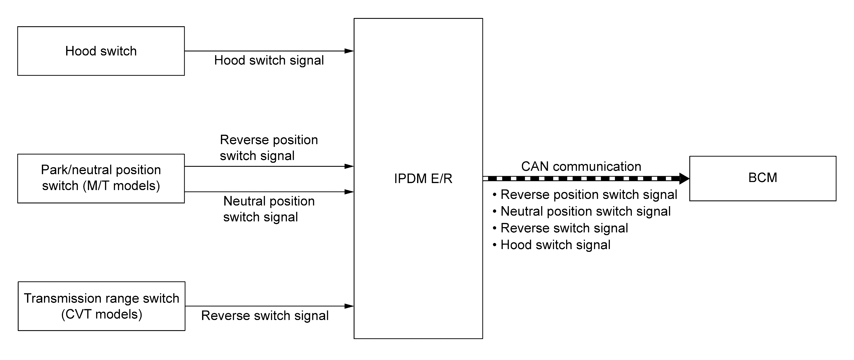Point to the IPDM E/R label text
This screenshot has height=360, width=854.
(423, 178)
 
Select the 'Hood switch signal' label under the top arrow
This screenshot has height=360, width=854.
(269, 60)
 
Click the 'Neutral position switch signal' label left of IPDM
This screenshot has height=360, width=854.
(269, 209)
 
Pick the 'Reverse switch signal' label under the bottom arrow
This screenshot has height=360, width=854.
(265, 316)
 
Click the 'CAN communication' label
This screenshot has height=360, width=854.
(581, 166)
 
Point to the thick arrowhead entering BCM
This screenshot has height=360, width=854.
(684, 178)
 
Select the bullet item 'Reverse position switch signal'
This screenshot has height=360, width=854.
(585, 194)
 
